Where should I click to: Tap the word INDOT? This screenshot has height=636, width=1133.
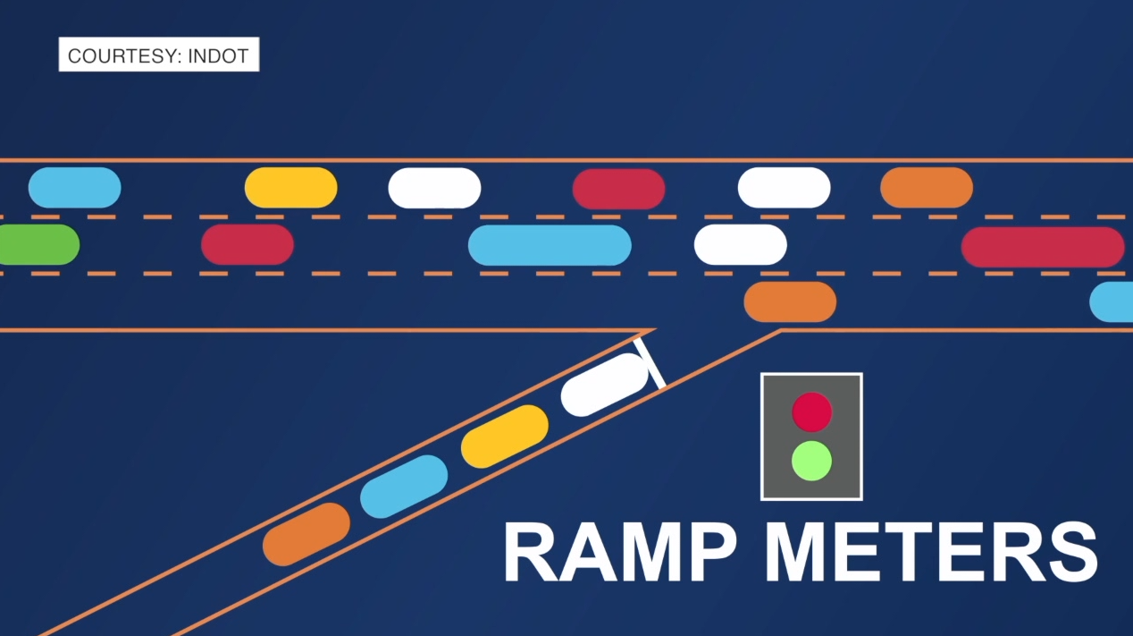point(219,55)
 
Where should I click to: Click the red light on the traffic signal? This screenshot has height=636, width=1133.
point(812,411)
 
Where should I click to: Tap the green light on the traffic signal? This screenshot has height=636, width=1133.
point(812,461)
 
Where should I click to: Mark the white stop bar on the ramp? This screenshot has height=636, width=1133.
point(650,363)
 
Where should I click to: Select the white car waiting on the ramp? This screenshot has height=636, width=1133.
point(604,385)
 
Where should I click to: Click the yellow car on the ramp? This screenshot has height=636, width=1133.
point(505,436)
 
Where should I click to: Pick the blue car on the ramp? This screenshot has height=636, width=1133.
point(404,486)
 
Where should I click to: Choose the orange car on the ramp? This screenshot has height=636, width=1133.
point(306,534)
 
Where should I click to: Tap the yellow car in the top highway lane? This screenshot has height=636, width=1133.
point(290,187)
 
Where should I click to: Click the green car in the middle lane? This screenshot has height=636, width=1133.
point(39,244)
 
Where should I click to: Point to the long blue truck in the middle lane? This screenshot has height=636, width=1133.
point(550,245)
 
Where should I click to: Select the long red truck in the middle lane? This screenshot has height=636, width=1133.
point(1043,247)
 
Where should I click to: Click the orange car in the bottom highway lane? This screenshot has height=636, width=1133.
point(790,301)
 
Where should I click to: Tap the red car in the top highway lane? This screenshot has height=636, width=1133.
point(618,189)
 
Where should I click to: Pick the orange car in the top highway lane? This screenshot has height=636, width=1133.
point(927,187)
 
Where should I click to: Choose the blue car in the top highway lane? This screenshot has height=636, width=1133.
point(75,187)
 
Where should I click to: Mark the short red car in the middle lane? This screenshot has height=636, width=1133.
point(248,244)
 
